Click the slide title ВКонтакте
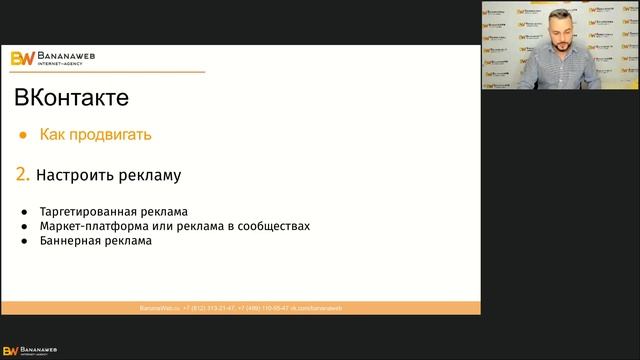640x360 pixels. coord(71,98)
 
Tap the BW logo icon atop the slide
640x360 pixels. coord(22,58)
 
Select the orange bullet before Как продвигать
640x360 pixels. coord(22,134)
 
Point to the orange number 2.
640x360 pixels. coord(22,175)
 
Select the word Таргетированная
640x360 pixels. coord(86,212)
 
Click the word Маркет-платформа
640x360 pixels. coord(92,226)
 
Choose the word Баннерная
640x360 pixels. coord(68,241)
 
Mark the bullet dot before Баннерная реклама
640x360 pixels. coord(23,241)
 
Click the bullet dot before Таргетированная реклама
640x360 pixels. coord(23,212)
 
